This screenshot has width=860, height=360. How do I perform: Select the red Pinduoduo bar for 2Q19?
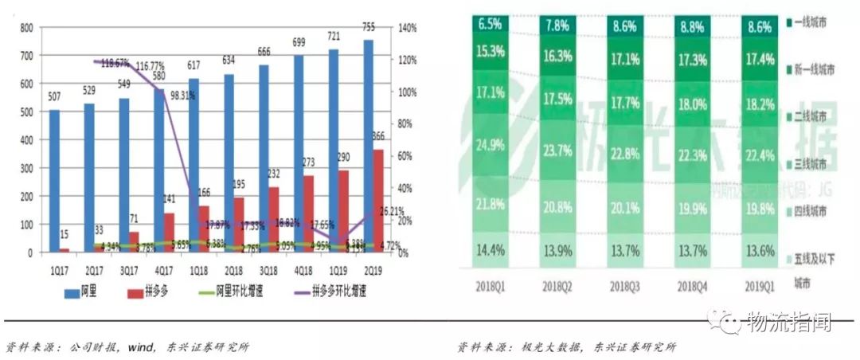coord(379,201)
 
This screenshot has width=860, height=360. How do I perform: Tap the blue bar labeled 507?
coord(53,181)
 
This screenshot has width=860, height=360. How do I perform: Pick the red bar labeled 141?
coord(169,233)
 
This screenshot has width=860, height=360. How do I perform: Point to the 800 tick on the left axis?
coord(26,28)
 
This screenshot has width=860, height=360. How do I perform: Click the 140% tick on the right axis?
coord(406,28)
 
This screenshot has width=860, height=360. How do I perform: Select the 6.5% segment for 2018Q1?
coord(491,24)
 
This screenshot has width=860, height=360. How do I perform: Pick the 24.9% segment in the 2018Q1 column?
coord(491,144)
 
